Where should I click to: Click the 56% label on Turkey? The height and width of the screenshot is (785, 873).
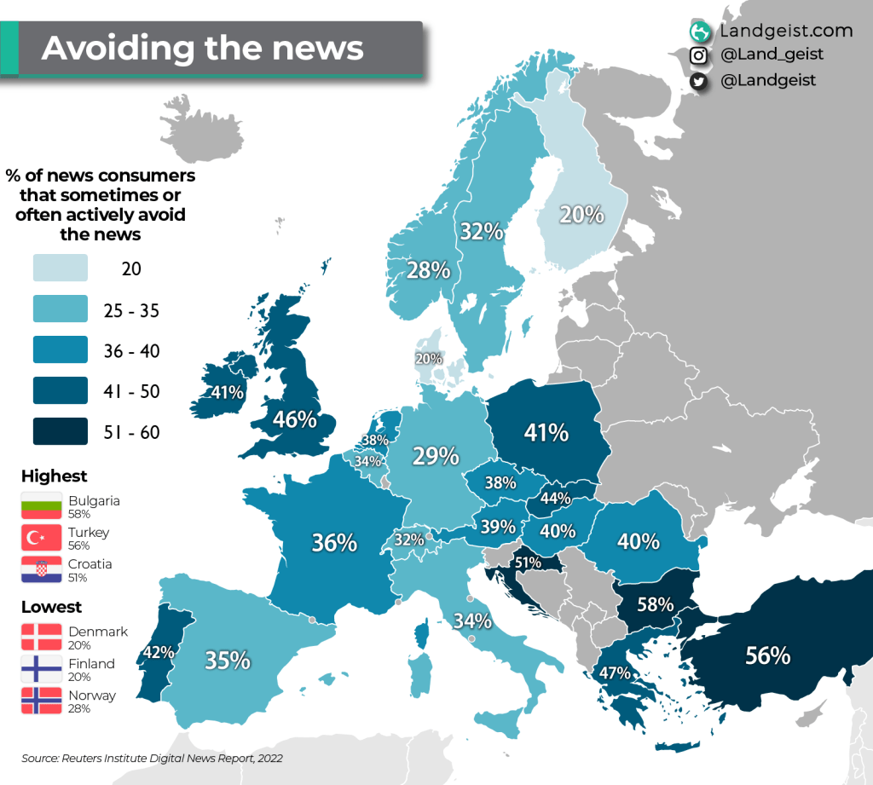coord(767,655)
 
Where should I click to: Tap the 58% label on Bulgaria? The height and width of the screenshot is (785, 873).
coord(656,604)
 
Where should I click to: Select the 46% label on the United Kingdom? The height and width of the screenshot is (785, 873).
coord(295,419)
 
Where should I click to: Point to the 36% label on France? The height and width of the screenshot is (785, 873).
coord(334,542)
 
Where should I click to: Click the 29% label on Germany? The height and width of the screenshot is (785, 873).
coord(436,456)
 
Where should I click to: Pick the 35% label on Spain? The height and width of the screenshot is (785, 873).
coord(228,660)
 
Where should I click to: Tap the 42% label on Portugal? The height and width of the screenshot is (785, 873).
coord(159,652)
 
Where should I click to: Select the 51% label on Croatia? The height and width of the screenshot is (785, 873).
coord(528,563)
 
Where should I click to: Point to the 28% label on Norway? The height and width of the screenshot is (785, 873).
coord(428,270)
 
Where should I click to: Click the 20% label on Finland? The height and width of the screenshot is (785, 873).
coord(581,215)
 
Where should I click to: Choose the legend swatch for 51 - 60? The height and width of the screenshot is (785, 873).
coord(61,431)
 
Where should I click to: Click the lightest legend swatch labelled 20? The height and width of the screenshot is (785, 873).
coord(61,268)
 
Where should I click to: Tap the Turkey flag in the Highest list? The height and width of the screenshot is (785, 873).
coord(42,538)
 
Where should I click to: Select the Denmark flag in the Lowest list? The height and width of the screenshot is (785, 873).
coord(42,637)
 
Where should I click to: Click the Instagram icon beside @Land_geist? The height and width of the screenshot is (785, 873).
coord(699,55)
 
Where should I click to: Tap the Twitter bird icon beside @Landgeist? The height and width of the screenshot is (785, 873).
coord(699,80)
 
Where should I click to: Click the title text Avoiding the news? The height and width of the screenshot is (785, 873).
coord(203,49)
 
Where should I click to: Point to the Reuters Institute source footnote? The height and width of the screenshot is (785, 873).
coord(152,758)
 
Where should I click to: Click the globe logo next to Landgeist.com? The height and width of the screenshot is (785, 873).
coord(701,32)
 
